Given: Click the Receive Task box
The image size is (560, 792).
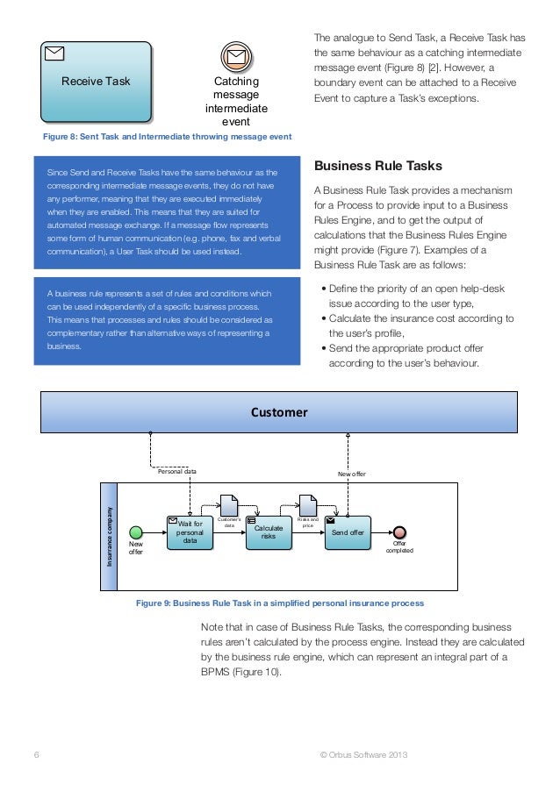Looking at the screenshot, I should [95, 82].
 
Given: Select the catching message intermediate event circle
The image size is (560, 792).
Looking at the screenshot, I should [234, 58].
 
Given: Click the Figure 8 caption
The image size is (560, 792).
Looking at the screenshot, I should [167, 138].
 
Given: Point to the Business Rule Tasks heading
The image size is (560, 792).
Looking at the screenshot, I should [377, 166].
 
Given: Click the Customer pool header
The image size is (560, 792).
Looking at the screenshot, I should [279, 412].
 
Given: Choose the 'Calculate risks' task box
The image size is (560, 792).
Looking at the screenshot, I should [268, 532].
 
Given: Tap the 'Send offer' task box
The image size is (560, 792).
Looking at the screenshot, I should [348, 532].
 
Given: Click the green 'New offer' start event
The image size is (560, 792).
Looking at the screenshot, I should [135, 532].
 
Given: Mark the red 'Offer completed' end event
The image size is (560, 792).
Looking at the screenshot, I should [399, 532].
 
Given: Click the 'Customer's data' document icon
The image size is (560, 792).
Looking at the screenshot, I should [228, 506].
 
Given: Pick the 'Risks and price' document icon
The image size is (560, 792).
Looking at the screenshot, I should [307, 506].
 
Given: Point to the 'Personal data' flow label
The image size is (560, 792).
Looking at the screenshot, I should [176, 471].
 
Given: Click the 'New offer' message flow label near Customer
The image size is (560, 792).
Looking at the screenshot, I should [351, 473].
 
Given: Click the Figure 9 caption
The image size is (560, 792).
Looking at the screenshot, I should [279, 603].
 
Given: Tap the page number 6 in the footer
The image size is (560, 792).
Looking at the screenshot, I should [36, 756].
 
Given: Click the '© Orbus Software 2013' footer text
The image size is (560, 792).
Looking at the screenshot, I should [364, 756].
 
